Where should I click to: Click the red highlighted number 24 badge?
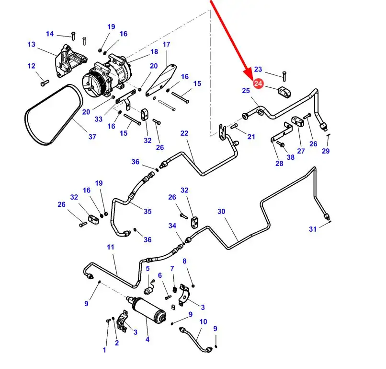pos(258,83)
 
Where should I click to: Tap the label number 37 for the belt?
pos(92,137)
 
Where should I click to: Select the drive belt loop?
pos(53,115)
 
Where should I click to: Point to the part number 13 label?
pos(31,45)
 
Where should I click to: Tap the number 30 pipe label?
pos(221,212)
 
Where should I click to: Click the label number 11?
pos(111,247)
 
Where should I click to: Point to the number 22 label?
pos(184,133)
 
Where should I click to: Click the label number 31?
pos(312,229)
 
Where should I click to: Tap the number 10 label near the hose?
pos(203,321)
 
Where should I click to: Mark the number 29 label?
pos(326,151)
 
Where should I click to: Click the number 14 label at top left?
pos(50,34)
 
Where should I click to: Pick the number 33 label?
pos(99,119)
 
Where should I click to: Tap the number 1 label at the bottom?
pos(104,350)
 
